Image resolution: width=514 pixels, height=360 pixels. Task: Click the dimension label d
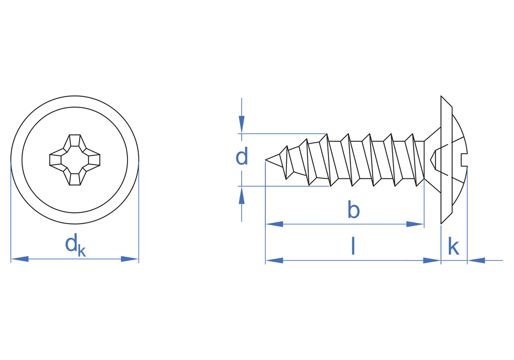242,156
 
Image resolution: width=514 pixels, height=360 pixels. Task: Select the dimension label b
354,210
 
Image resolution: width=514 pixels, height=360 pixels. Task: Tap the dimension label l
353,246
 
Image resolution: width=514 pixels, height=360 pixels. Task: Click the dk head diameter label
76,245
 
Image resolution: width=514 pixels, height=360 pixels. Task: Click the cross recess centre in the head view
75,159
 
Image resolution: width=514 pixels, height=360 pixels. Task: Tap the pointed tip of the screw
266,160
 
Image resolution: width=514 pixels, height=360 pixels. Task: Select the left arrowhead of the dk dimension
20,259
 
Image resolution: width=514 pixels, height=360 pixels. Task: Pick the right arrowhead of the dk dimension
130,259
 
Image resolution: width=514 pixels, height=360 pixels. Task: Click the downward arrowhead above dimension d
242,124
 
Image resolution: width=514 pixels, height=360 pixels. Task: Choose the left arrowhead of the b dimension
274,224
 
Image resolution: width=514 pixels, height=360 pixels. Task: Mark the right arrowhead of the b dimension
415,224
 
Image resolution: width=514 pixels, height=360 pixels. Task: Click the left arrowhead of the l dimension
274,261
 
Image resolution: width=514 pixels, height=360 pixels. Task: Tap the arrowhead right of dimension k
476,261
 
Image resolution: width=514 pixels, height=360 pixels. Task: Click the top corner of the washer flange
441,96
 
